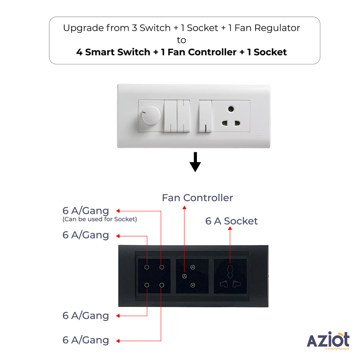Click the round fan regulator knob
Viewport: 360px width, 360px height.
pos(151,115)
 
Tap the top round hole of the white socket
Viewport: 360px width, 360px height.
pos(231,109)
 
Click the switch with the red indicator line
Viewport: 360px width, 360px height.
pos(205,116)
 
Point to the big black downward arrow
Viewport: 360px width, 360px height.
pos(195,162)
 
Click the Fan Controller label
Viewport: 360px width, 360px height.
pos(198,198)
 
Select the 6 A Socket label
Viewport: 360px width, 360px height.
pos(231,221)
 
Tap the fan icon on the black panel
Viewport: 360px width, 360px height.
pos(184,276)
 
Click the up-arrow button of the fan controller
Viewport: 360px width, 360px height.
pos(193,267)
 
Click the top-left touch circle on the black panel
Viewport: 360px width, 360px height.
pos(147,267)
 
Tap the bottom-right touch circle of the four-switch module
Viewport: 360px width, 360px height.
pos(162,285)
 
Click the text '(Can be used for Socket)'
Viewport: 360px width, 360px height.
pos(99,219)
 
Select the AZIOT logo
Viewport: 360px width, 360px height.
pos(328,340)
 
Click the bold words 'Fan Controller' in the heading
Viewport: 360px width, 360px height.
pos(202,52)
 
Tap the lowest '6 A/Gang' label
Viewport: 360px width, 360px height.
pos(86,340)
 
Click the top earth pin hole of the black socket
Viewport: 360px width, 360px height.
pos(230,271)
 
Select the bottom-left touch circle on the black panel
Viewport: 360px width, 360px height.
pos(147,285)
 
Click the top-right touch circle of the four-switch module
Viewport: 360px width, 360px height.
pos(162,267)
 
